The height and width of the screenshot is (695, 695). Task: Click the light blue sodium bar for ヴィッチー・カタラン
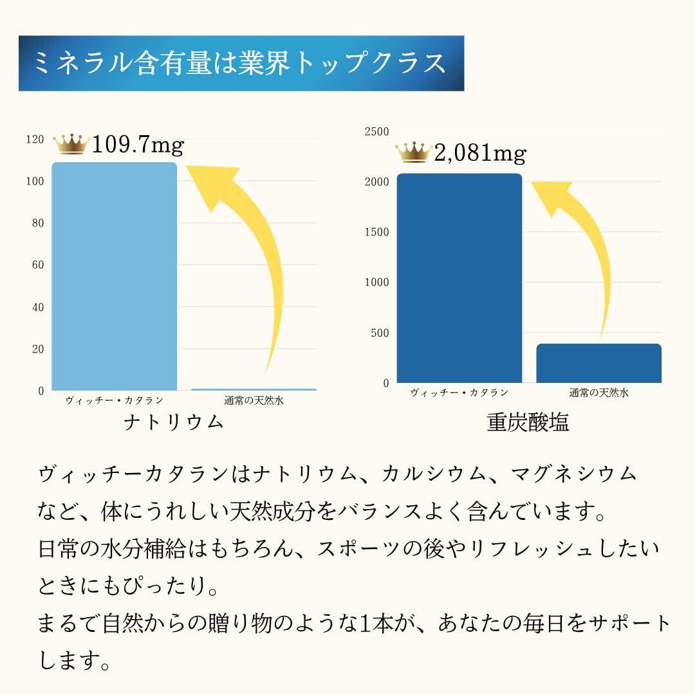[x=114, y=277]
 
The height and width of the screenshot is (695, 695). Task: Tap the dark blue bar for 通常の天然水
[x=598, y=363]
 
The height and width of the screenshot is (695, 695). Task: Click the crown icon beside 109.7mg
[x=71, y=144]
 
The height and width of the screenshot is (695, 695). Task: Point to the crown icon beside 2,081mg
[x=413, y=153]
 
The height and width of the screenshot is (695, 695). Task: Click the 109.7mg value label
[x=138, y=145]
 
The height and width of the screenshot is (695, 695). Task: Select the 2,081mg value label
[x=480, y=154]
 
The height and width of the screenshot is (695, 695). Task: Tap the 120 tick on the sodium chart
[x=35, y=139]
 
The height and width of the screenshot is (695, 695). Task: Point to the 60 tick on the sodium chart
[x=37, y=265]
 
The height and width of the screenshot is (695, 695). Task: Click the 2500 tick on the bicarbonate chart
[x=377, y=131]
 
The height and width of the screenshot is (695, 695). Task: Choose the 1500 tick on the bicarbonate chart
[x=377, y=232]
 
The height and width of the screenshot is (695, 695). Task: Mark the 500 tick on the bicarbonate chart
[x=380, y=333]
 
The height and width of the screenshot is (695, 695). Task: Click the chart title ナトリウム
[x=174, y=422]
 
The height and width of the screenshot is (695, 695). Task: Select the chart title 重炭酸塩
[x=528, y=422]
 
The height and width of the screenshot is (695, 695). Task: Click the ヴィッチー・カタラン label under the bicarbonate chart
[x=459, y=393]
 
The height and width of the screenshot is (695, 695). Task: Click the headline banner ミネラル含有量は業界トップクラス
[x=241, y=63]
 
